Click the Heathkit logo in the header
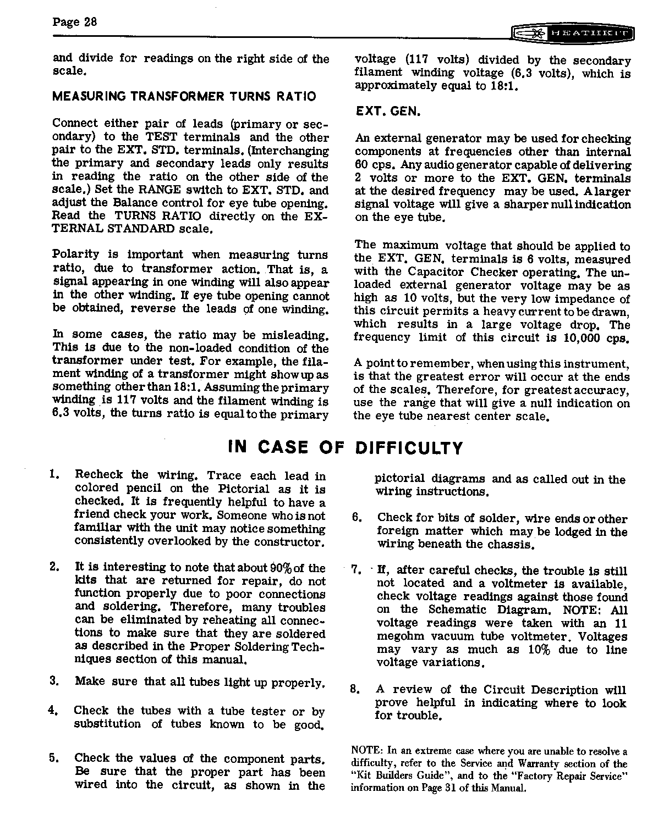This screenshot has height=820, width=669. tap(572, 34)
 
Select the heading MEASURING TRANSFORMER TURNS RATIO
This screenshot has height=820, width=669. tap(184, 97)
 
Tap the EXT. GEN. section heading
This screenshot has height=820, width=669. tap(388, 112)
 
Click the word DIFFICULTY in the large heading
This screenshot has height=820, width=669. tap(409, 448)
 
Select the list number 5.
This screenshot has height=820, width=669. tap(53, 758)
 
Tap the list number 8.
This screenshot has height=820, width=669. tap(355, 689)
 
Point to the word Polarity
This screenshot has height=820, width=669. tap(76, 254)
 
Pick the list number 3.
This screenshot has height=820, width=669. tap(53, 681)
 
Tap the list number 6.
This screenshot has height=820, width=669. tap(357, 518)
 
